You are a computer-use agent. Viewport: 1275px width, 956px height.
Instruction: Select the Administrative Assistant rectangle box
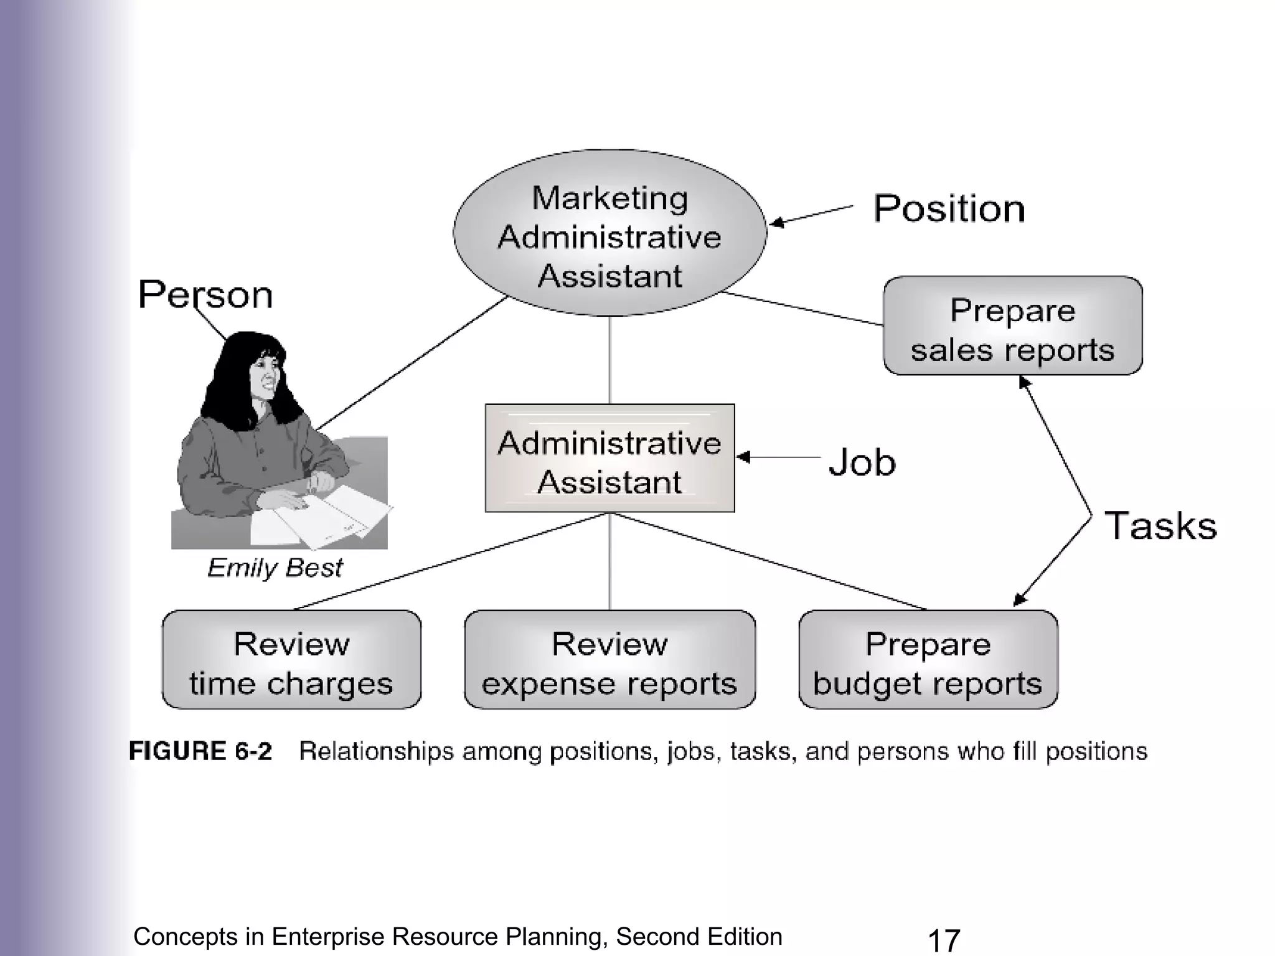click(x=609, y=459)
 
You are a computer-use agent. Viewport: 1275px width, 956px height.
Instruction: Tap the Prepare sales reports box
click(x=1012, y=326)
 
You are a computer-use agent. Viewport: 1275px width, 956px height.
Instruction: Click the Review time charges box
click(x=291, y=660)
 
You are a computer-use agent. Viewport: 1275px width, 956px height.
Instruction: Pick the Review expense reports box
click(x=609, y=660)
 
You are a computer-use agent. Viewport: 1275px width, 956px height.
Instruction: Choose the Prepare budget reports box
click(x=928, y=660)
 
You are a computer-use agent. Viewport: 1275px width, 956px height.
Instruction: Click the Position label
click(x=949, y=209)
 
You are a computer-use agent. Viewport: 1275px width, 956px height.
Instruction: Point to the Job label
click(x=862, y=462)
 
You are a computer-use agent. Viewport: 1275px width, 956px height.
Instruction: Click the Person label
click(x=205, y=294)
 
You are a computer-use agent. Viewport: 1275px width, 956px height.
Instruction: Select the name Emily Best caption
click(x=275, y=568)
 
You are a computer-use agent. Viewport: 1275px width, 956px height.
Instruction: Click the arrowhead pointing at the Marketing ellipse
click(x=775, y=222)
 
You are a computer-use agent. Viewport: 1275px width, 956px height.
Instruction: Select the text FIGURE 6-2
click(x=200, y=751)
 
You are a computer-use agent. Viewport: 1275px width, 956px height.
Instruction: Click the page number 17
click(x=944, y=940)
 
